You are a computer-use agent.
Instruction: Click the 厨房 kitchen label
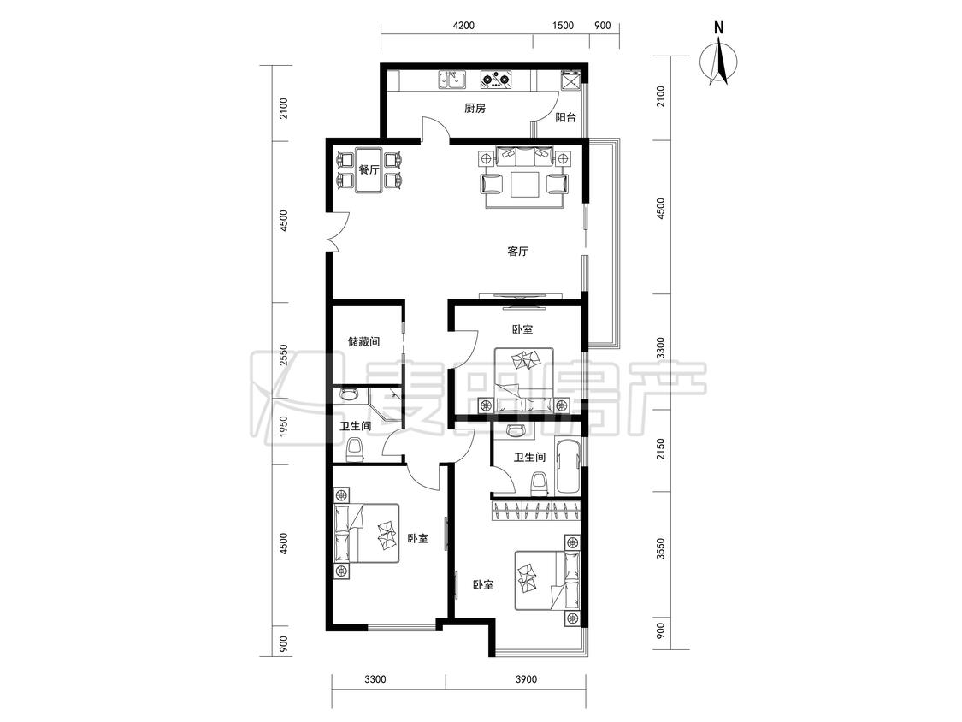pos(475,108)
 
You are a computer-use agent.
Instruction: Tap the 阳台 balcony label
pos(566,117)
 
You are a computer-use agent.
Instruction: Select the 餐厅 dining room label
pos(369,169)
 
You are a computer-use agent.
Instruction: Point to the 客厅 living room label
pos(518,252)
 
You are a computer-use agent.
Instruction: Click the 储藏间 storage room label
pos(363,341)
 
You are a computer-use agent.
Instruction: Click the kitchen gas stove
pos(496,80)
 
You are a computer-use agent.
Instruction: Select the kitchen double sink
pos(452,80)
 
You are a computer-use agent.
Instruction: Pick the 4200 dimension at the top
pos(463,25)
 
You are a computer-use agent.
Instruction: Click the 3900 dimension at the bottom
pos(526,679)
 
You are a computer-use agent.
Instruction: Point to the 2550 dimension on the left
pos(283,356)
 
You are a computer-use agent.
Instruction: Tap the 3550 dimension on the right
pos(660,549)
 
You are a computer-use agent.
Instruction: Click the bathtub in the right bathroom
pos(568,465)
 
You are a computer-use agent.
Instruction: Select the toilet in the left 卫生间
pos(355,450)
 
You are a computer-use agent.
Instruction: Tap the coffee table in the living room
pos(524,184)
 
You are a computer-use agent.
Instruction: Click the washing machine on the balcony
pos(570,80)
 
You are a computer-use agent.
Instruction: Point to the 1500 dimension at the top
pos(563,25)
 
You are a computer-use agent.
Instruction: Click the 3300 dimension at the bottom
pos(375,679)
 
